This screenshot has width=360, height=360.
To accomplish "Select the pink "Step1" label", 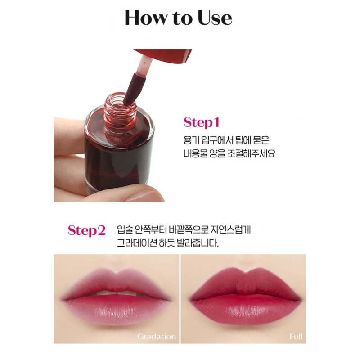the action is click(202, 122).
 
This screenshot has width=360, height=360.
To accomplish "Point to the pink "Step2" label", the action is click(86, 230).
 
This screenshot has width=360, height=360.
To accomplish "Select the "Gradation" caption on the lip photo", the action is click(157, 336).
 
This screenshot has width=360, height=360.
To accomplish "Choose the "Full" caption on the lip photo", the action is click(296, 336).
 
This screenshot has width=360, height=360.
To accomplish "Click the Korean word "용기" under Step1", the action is click(191, 140).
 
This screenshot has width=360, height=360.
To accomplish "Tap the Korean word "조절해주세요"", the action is click(252, 153).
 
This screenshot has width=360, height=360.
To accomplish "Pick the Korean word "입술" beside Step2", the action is click(125, 229).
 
